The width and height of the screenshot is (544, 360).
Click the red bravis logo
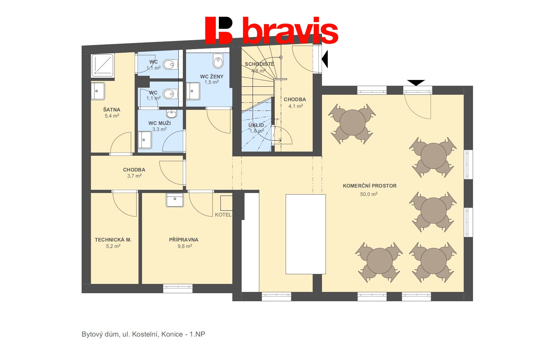(272, 30)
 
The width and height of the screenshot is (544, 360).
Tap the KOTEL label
(223, 215)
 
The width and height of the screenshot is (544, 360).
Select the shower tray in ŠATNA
(102, 65)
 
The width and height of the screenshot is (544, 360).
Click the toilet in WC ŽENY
(218, 60)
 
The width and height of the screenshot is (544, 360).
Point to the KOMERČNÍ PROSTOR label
(370, 186)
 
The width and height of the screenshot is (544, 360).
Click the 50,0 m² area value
(369, 194)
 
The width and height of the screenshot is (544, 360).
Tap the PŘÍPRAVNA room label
(183, 240)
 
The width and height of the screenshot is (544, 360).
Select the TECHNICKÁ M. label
(113, 240)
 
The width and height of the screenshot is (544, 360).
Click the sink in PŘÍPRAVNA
(174, 200)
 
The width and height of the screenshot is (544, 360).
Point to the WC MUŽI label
(160, 123)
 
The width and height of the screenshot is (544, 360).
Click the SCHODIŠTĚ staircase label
(259, 64)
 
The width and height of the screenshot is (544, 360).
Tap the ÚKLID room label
(256, 125)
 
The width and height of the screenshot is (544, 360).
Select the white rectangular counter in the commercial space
(306, 234)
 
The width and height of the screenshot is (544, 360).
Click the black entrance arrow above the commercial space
(416, 83)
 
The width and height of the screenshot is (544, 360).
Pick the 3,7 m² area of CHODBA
(134, 176)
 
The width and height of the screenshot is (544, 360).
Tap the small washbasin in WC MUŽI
(172, 114)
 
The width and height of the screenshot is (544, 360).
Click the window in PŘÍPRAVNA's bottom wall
(178, 288)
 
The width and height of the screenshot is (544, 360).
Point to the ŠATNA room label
(112, 110)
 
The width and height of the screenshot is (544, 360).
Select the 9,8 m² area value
(185, 246)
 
